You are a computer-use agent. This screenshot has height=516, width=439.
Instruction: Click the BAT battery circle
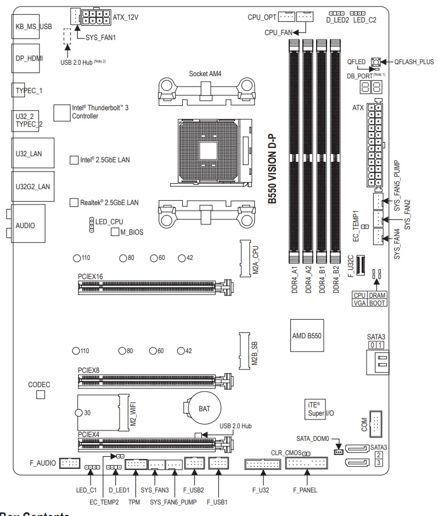pos(198,409)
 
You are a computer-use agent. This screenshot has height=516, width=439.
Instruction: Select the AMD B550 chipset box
pos(307,336)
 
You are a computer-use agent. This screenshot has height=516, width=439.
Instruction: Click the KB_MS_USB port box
pos(33,26)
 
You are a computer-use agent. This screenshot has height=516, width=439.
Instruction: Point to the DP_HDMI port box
pos(30,58)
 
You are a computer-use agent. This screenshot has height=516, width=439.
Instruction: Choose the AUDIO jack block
pos(30,225)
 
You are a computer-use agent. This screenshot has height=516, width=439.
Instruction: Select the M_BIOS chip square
pos(115,232)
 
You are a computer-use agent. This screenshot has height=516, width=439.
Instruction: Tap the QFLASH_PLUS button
pos(376,62)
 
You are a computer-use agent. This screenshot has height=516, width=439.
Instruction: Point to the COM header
pos(376,423)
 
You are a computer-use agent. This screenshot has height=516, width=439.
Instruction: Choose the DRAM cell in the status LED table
pos(376,294)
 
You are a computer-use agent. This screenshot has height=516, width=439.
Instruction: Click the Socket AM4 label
pos(205,73)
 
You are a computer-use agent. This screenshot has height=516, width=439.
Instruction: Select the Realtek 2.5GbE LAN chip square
pos(74,202)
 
